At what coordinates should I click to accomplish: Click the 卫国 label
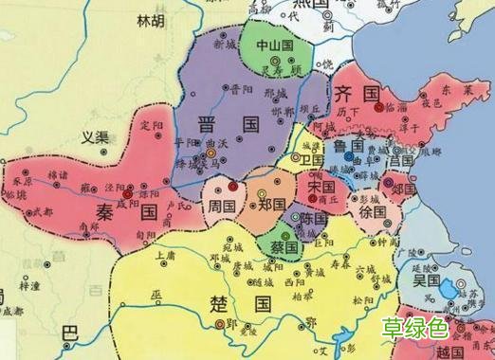click(x=312, y=161)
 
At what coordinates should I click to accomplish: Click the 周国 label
click(x=222, y=205)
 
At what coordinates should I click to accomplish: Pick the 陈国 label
click(x=314, y=218)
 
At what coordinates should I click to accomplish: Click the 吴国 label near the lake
click(x=424, y=281)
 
